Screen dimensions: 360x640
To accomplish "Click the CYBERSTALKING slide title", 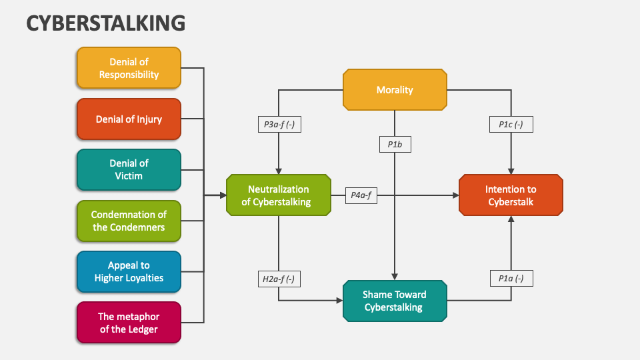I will click(x=106, y=23).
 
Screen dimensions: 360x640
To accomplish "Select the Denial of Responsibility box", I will click(x=129, y=68).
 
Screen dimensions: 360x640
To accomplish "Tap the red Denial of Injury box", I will click(x=129, y=119).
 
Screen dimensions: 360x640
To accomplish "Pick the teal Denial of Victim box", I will click(x=129, y=169).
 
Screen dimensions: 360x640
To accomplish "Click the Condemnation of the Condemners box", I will click(x=129, y=221).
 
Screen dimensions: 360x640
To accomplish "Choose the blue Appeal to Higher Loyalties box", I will click(x=129, y=271).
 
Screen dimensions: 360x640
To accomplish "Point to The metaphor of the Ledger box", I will click(x=129, y=323).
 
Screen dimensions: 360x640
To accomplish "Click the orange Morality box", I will click(x=395, y=89).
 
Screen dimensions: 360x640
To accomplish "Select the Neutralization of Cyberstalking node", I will click(x=279, y=195).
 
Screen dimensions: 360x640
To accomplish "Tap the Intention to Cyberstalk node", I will click(x=511, y=195).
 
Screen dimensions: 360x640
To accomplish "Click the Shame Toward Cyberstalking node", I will click(x=394, y=301).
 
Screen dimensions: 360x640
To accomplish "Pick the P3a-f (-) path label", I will click(x=279, y=124).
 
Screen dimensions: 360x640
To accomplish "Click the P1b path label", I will click(x=395, y=143).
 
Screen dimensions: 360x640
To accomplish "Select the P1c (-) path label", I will click(x=511, y=124).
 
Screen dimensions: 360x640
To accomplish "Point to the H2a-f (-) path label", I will click(x=279, y=279).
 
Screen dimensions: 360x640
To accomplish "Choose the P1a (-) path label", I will click(x=511, y=279).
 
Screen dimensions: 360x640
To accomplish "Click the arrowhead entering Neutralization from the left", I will click(x=223, y=195).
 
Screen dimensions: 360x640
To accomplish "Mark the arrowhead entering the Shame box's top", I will click(x=395, y=277).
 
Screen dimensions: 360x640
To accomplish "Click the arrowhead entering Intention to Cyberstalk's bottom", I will click(x=511, y=220).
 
